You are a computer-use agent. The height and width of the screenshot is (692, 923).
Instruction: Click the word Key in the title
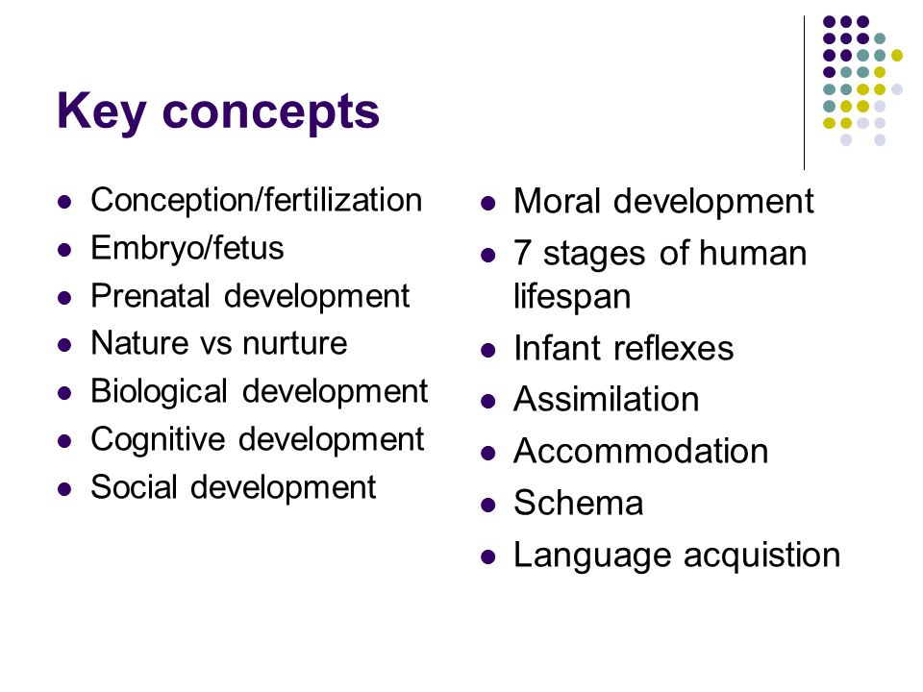point(101,111)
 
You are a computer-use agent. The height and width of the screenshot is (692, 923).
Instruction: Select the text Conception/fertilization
point(257,201)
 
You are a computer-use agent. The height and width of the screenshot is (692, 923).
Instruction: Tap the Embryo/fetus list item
point(187,248)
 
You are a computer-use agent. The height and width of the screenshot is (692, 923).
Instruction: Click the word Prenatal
point(150,295)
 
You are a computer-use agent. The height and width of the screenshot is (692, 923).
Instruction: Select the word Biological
point(159,392)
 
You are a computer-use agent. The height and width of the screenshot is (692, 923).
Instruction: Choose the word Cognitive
point(158,440)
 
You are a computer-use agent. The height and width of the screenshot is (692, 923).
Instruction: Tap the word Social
point(135,487)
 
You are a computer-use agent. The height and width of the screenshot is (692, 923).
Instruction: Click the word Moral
point(557,201)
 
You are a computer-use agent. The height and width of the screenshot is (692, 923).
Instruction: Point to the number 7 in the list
point(523,254)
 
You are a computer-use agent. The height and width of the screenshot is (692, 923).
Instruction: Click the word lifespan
point(572,297)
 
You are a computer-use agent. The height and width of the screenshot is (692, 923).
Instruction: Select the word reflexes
point(674,348)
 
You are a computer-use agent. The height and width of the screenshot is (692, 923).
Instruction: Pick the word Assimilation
point(607,400)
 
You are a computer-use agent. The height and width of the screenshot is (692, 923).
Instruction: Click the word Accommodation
point(641,452)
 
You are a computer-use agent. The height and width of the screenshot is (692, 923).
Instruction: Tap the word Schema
point(579,503)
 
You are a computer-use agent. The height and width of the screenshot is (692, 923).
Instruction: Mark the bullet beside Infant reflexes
point(488,351)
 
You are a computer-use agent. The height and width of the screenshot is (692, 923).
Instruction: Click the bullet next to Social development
point(64,489)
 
